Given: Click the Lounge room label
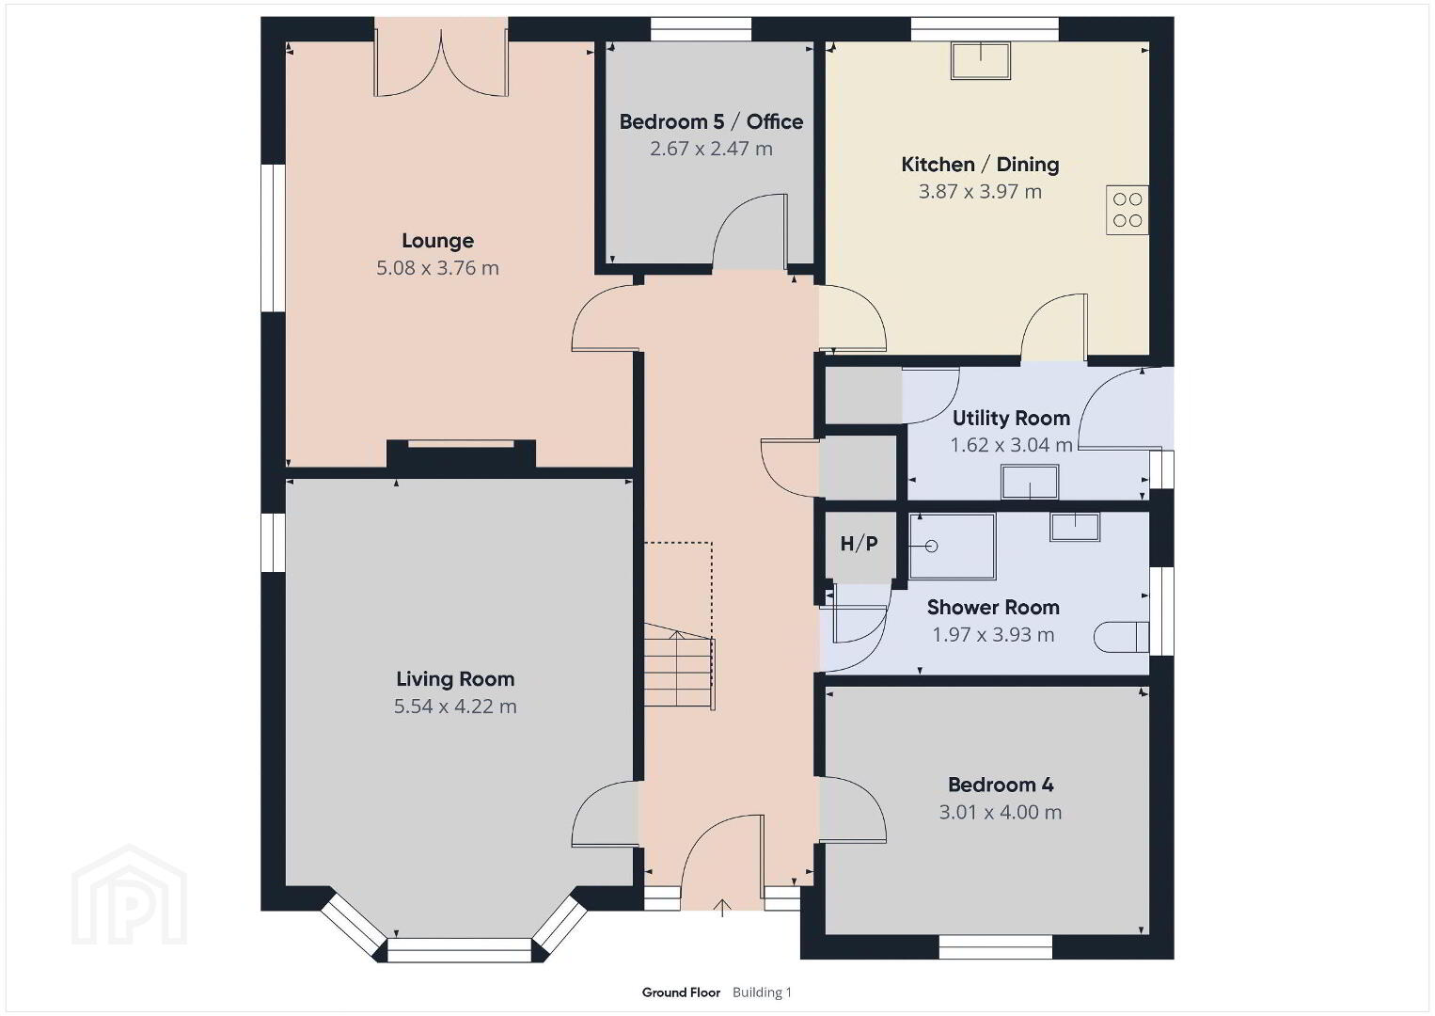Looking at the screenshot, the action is (437, 241).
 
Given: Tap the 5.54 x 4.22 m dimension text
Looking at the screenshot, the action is (455, 706).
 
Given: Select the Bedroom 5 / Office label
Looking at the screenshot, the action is (711, 121).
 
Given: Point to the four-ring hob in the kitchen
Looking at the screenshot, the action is (1127, 210).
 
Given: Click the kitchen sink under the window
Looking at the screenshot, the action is (980, 61).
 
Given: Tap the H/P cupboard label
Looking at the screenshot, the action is (859, 544).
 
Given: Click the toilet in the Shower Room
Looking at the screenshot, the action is (1122, 637).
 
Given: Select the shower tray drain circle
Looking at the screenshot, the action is (932, 547).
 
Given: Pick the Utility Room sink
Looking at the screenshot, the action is (1030, 482).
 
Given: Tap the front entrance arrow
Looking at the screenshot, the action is (722, 907).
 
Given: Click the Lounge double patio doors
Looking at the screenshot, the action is (441, 64).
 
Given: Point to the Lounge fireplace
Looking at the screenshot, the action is (461, 455).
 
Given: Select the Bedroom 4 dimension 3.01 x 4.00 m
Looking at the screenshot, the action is (1000, 812).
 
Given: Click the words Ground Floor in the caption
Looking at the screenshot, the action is (681, 992).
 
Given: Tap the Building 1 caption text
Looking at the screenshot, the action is (763, 992).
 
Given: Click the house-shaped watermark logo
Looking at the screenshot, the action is (129, 895).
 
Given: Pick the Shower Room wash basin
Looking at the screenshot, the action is (1074, 527).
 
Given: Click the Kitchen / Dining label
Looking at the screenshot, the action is (980, 165).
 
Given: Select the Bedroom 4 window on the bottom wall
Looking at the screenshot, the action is (996, 946).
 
